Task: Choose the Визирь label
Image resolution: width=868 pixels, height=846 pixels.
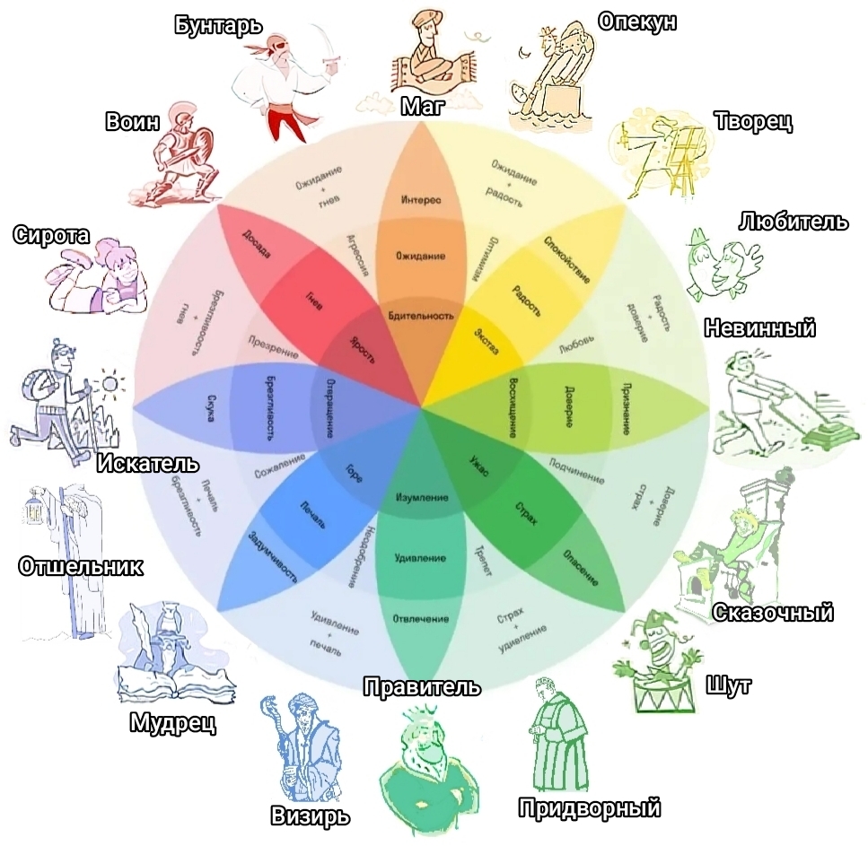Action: [x=310, y=816]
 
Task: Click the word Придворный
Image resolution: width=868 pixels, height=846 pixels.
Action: [x=590, y=807]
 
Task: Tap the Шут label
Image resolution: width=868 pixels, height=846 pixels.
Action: [x=729, y=685]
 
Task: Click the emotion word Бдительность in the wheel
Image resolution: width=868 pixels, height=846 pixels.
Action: [x=421, y=315]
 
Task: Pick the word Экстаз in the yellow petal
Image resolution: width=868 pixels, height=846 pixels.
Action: [x=486, y=344]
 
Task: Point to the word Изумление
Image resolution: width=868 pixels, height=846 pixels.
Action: [x=420, y=497]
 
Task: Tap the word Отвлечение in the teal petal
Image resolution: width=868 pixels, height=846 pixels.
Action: [x=420, y=619]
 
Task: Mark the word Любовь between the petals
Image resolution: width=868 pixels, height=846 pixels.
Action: [x=575, y=344]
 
